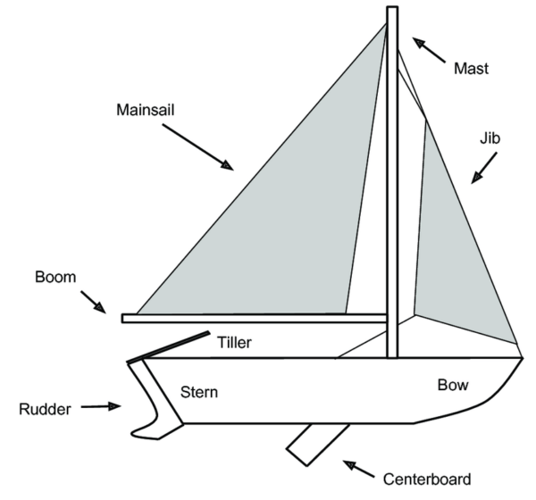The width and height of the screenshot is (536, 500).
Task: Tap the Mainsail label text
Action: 145,112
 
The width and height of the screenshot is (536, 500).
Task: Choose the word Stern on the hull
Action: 199,391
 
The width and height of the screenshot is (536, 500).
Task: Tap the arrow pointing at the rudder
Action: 101,407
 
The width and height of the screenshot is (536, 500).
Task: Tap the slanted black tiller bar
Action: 170,348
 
